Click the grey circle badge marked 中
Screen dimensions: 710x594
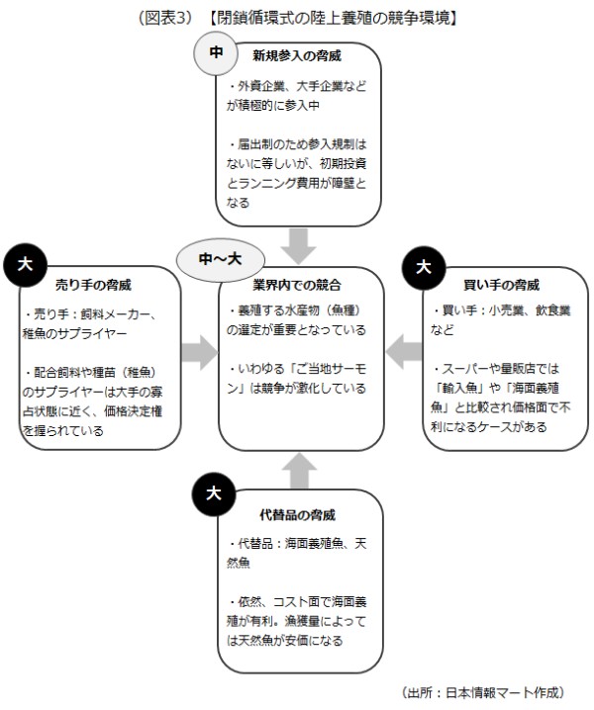tap(217, 52)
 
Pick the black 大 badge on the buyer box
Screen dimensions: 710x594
tap(425, 267)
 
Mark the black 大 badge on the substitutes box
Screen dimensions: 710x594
tap(213, 493)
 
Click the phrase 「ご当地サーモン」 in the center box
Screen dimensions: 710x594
tap(284, 369)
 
